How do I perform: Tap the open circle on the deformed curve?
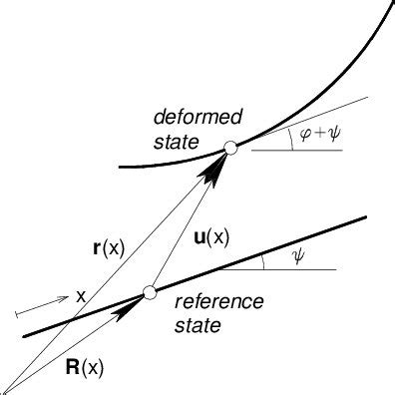click(230, 148)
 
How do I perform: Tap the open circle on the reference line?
click(150, 292)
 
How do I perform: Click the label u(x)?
click(209, 237)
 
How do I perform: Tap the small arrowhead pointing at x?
click(62, 298)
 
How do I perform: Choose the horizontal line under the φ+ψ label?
click(299, 150)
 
